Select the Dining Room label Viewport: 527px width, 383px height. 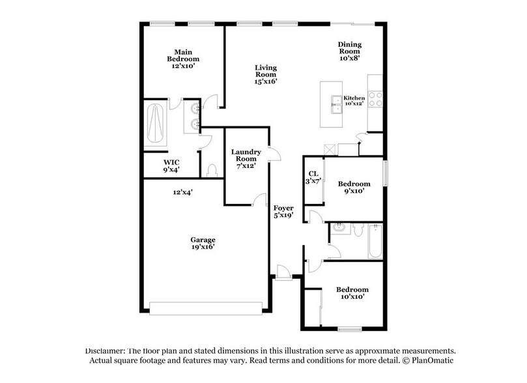[x=349, y=51]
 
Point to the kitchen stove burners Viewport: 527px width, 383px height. [x=375, y=98]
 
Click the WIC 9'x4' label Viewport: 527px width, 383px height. [x=171, y=165]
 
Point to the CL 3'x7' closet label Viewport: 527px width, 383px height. [x=313, y=177]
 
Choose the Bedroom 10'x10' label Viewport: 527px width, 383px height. [x=352, y=292]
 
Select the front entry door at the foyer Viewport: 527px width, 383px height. [x=282, y=272]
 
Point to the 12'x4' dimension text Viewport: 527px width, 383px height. [x=183, y=192]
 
